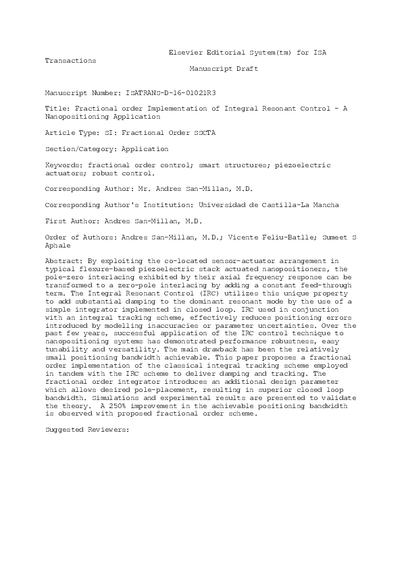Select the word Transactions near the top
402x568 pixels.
[70, 61]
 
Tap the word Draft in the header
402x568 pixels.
[247, 69]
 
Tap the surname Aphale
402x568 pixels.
[59, 246]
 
